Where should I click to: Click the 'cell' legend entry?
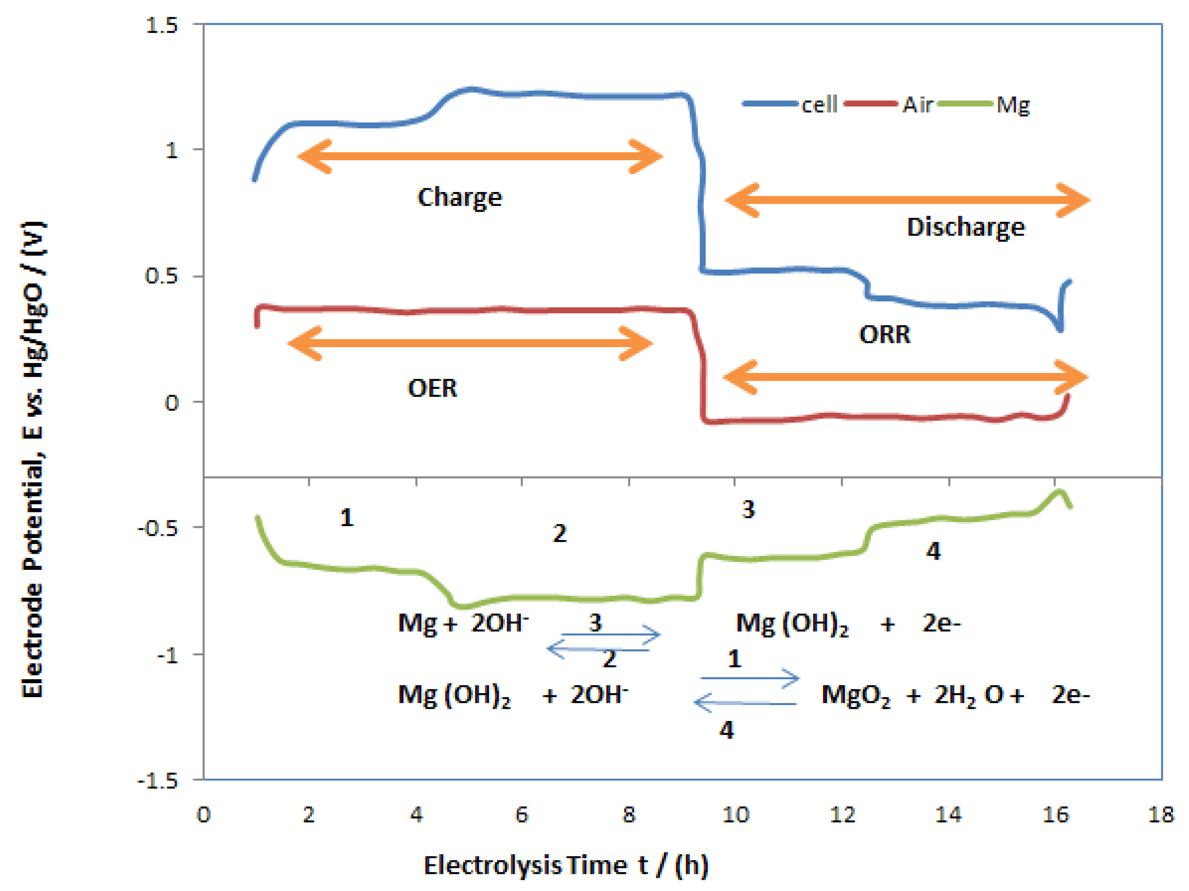click(x=818, y=104)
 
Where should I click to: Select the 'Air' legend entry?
click(x=917, y=104)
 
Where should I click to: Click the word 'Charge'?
click(x=460, y=198)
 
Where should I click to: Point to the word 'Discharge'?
click(x=965, y=227)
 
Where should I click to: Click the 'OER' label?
click(x=432, y=388)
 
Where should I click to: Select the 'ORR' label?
click(x=884, y=334)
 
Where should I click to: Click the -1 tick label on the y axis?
click(x=167, y=655)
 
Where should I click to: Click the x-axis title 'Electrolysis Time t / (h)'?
click(x=566, y=865)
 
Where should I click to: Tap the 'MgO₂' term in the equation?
click(x=855, y=696)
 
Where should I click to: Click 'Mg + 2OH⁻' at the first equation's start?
click(x=463, y=623)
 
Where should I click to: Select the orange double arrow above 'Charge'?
click(x=480, y=156)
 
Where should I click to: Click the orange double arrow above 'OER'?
click(x=470, y=343)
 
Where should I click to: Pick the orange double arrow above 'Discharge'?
click(x=907, y=200)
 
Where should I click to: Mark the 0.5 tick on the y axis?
click(x=161, y=276)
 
